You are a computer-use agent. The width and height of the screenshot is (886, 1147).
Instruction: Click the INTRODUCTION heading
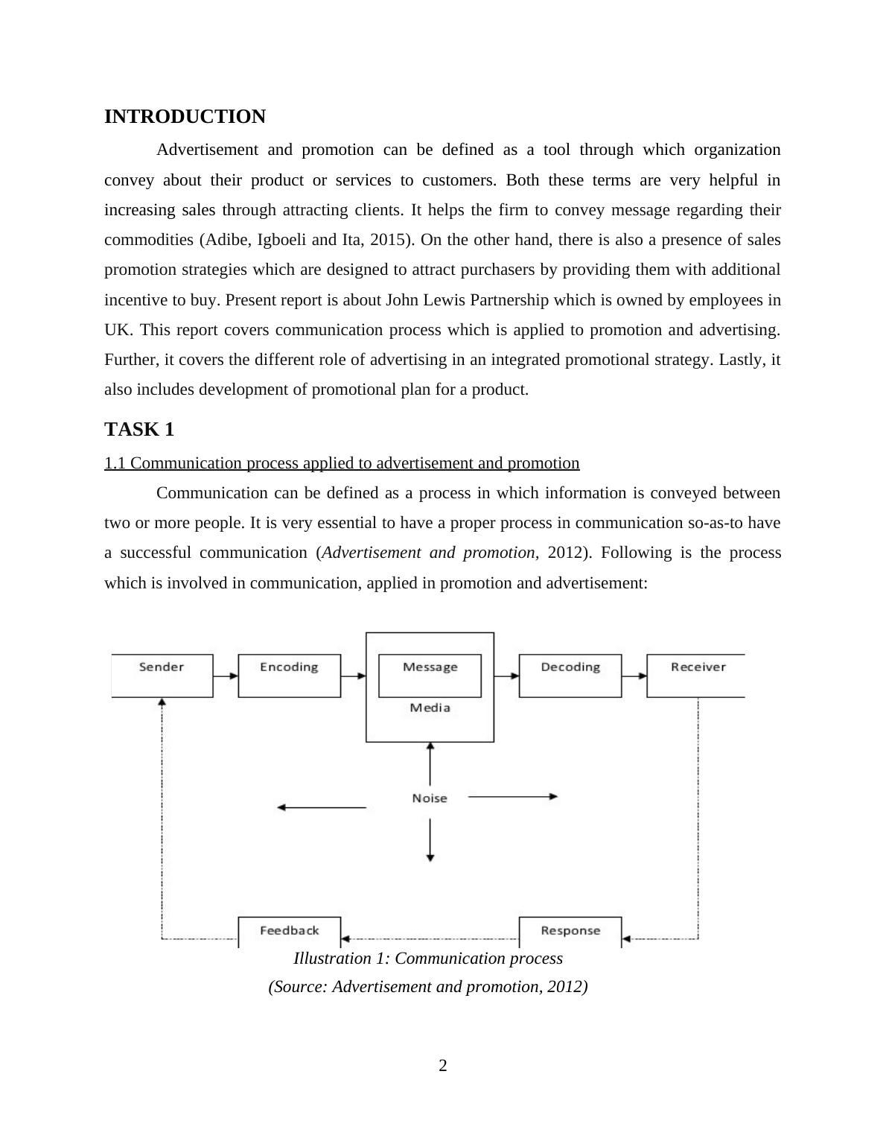pyautogui.click(x=185, y=117)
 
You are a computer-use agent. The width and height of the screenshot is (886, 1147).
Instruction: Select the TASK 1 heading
pyautogui.click(x=139, y=430)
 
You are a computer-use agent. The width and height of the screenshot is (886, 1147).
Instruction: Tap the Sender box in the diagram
pyautogui.click(x=162, y=675)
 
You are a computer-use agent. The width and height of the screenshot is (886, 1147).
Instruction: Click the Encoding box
pyautogui.click(x=289, y=675)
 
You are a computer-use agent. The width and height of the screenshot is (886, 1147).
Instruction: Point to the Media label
pyautogui.click(x=430, y=708)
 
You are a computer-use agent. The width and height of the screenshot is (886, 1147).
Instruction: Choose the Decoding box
pyautogui.click(x=570, y=675)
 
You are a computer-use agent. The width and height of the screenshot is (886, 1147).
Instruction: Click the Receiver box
pyautogui.click(x=697, y=675)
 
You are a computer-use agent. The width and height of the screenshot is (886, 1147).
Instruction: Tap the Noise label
pyautogui.click(x=430, y=798)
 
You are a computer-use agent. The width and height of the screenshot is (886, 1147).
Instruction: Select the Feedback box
pyautogui.click(x=289, y=931)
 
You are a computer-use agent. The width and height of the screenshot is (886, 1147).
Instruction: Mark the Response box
pyautogui.click(x=570, y=931)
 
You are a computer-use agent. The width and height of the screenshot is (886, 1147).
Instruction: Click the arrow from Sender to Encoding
pyautogui.click(x=226, y=676)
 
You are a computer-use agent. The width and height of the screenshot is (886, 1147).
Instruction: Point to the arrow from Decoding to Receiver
pyautogui.click(x=634, y=676)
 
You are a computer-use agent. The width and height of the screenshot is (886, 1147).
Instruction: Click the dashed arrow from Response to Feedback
pyautogui.click(x=430, y=938)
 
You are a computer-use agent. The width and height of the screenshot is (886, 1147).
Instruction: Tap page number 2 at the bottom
pyautogui.click(x=443, y=1066)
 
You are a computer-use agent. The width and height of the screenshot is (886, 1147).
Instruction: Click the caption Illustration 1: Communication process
pyautogui.click(x=428, y=959)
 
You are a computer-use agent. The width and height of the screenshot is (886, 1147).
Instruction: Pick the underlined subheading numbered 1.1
pyautogui.click(x=342, y=463)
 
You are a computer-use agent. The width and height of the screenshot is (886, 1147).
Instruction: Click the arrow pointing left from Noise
pyautogui.click(x=321, y=807)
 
